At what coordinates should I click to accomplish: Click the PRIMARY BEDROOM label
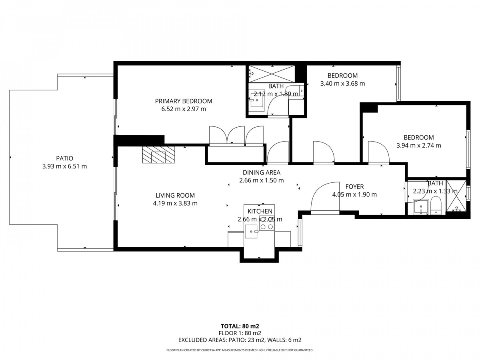184,101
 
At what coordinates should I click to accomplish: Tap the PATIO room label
64,158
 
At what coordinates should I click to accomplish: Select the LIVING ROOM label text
175,195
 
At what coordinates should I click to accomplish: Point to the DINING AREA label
261,172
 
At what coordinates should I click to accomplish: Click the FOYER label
354,186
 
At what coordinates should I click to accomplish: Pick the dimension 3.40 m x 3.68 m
342,84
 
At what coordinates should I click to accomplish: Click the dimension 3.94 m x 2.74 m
418,145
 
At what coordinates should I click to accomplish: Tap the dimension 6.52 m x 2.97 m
184,109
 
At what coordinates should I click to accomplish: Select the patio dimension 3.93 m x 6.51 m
64,166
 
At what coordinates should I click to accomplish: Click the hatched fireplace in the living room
158,154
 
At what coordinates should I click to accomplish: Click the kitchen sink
251,232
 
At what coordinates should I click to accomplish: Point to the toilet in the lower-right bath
436,206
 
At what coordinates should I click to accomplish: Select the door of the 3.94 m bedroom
379,153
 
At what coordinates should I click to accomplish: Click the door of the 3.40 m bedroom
324,153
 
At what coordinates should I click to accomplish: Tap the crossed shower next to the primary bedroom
272,74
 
